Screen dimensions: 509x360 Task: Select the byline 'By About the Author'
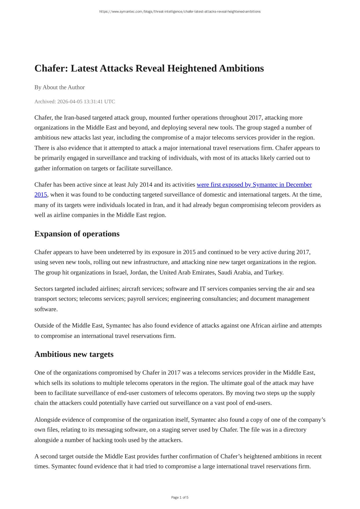(x=59, y=87)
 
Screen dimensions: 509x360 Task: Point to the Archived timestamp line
(x=74, y=101)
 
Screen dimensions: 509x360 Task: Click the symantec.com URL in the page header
(x=180, y=12)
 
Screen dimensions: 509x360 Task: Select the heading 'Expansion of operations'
(x=77, y=234)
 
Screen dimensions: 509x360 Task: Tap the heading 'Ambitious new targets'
(x=74, y=354)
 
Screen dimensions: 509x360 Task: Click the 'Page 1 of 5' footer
(x=180, y=497)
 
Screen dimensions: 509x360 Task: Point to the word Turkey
(x=274, y=272)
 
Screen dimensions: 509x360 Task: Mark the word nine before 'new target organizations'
(x=212, y=262)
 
